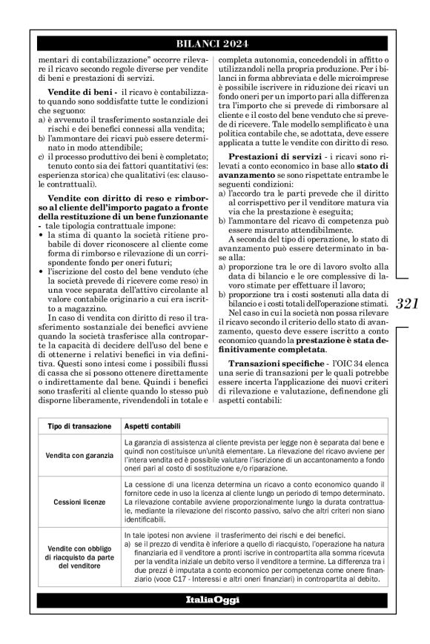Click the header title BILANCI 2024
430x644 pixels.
pyautogui.click(x=215, y=44)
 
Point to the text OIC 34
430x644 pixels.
pyautogui.click(x=346, y=365)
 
